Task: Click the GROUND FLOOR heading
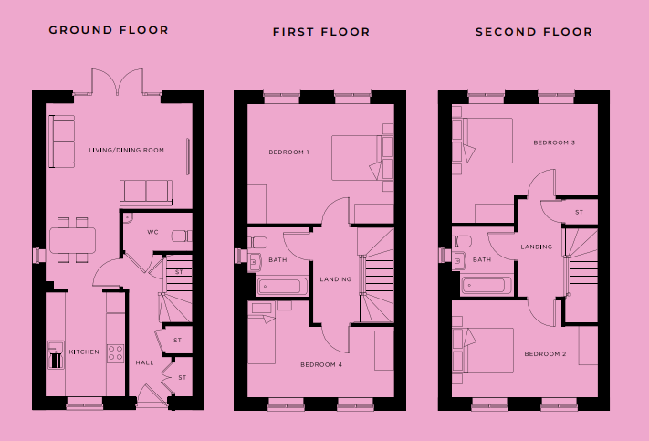point(109,30)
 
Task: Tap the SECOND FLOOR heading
point(534,32)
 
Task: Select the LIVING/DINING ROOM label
point(127,150)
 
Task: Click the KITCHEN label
point(84,352)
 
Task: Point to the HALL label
point(145,362)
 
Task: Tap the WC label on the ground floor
point(152,232)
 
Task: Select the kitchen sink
point(56,354)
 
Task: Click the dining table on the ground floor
point(72,240)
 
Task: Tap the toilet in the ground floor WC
point(182,236)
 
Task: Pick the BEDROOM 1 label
point(289,152)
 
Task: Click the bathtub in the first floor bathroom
point(282,286)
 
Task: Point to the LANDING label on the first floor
point(336,279)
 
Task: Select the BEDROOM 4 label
point(321,365)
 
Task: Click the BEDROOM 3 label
point(554,142)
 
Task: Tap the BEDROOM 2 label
point(545,354)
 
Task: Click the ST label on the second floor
point(579,213)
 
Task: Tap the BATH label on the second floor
point(482,259)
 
